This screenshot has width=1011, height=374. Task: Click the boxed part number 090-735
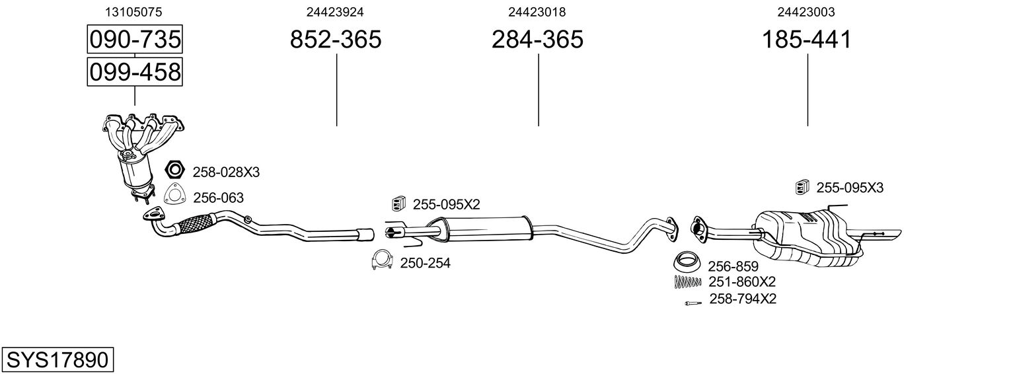point(135,40)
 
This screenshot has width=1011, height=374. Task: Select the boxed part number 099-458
point(135,72)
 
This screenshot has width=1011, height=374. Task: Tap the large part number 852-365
point(336,40)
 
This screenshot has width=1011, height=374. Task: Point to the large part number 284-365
point(537,40)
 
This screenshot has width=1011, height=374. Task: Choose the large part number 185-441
point(807,40)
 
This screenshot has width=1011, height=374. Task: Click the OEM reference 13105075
point(134,12)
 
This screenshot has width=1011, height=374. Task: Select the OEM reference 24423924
point(335,12)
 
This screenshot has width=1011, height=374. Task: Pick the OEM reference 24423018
point(537,12)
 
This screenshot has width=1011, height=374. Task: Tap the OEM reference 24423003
point(806,12)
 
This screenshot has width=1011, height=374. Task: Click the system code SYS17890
point(57,360)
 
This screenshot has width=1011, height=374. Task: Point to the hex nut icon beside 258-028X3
point(174,171)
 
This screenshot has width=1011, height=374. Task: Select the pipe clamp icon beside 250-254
point(381,262)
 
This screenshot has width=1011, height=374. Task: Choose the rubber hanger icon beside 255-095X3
point(802,188)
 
